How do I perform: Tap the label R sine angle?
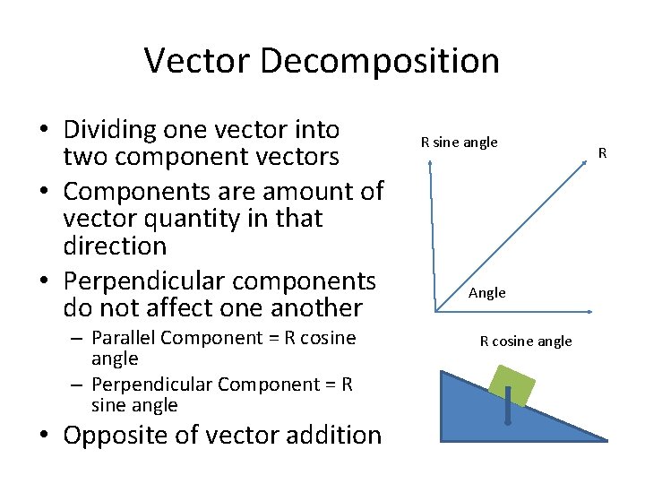pyautogui.click(x=459, y=142)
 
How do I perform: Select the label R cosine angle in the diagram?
pyautogui.click(x=526, y=341)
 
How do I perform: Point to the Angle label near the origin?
pyautogui.click(x=487, y=293)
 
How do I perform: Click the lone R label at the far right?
pyautogui.click(x=603, y=154)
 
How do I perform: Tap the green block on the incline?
pyautogui.click(x=512, y=385)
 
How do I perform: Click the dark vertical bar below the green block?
pyautogui.click(x=508, y=407)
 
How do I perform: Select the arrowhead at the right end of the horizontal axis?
pyautogui.click(x=591, y=312)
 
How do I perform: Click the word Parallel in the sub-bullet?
pyautogui.click(x=124, y=338)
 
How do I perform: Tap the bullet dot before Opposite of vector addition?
pyautogui.click(x=45, y=436)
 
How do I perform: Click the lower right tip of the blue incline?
pyautogui.click(x=606, y=439)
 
